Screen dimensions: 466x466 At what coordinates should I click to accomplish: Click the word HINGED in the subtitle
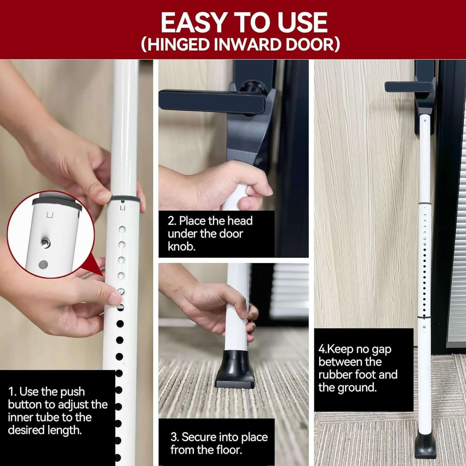pyautogui.click(x=177, y=44)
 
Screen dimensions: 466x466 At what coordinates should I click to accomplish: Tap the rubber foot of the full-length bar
pyautogui.click(x=426, y=447)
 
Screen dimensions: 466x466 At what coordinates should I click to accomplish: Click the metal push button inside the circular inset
pyautogui.click(x=45, y=243)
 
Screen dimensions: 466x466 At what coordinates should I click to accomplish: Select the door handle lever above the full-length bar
pyautogui.click(x=408, y=86)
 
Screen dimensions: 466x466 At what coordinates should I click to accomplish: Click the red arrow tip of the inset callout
pyautogui.click(x=103, y=275)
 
